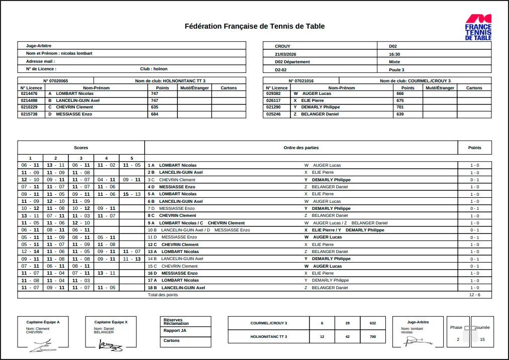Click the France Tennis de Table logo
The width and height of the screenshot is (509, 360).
(478, 27)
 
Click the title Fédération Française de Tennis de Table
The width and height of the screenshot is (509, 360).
(255, 26)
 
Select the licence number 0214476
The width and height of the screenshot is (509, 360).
(29, 93)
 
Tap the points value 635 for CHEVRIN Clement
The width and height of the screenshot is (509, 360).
(154, 107)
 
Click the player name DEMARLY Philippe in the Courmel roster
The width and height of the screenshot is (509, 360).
(320, 107)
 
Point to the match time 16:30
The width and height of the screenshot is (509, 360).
(394, 54)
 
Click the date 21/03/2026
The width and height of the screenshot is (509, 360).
(286, 54)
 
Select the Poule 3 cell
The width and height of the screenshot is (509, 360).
(396, 70)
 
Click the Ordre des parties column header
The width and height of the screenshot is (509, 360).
(301, 148)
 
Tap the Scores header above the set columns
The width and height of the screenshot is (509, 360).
(81, 148)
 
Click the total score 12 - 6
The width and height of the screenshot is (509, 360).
(474, 295)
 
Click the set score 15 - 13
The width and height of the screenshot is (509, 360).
(132, 194)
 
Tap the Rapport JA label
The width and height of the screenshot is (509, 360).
(175, 330)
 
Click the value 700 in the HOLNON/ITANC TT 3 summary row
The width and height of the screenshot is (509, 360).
(372, 336)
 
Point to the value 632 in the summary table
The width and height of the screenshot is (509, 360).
(372, 323)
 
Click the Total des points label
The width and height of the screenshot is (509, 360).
(163, 295)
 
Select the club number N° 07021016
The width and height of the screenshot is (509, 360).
(301, 80)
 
